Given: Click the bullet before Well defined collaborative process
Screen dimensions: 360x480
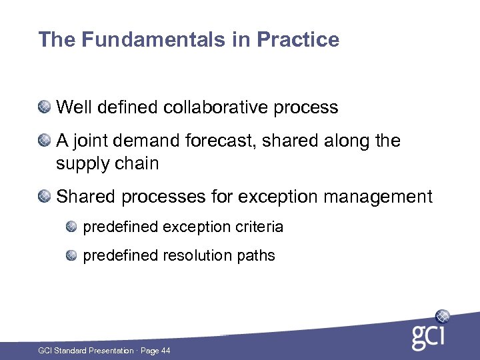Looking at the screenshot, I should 45,107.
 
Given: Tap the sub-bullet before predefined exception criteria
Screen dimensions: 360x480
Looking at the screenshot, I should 72,227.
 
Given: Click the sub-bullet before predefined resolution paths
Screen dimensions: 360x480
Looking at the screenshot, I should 72,255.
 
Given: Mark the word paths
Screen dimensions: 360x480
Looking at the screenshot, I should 257,255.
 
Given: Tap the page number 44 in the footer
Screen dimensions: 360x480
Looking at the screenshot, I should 165,351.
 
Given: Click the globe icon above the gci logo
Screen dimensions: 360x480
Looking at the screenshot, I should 442,316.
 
